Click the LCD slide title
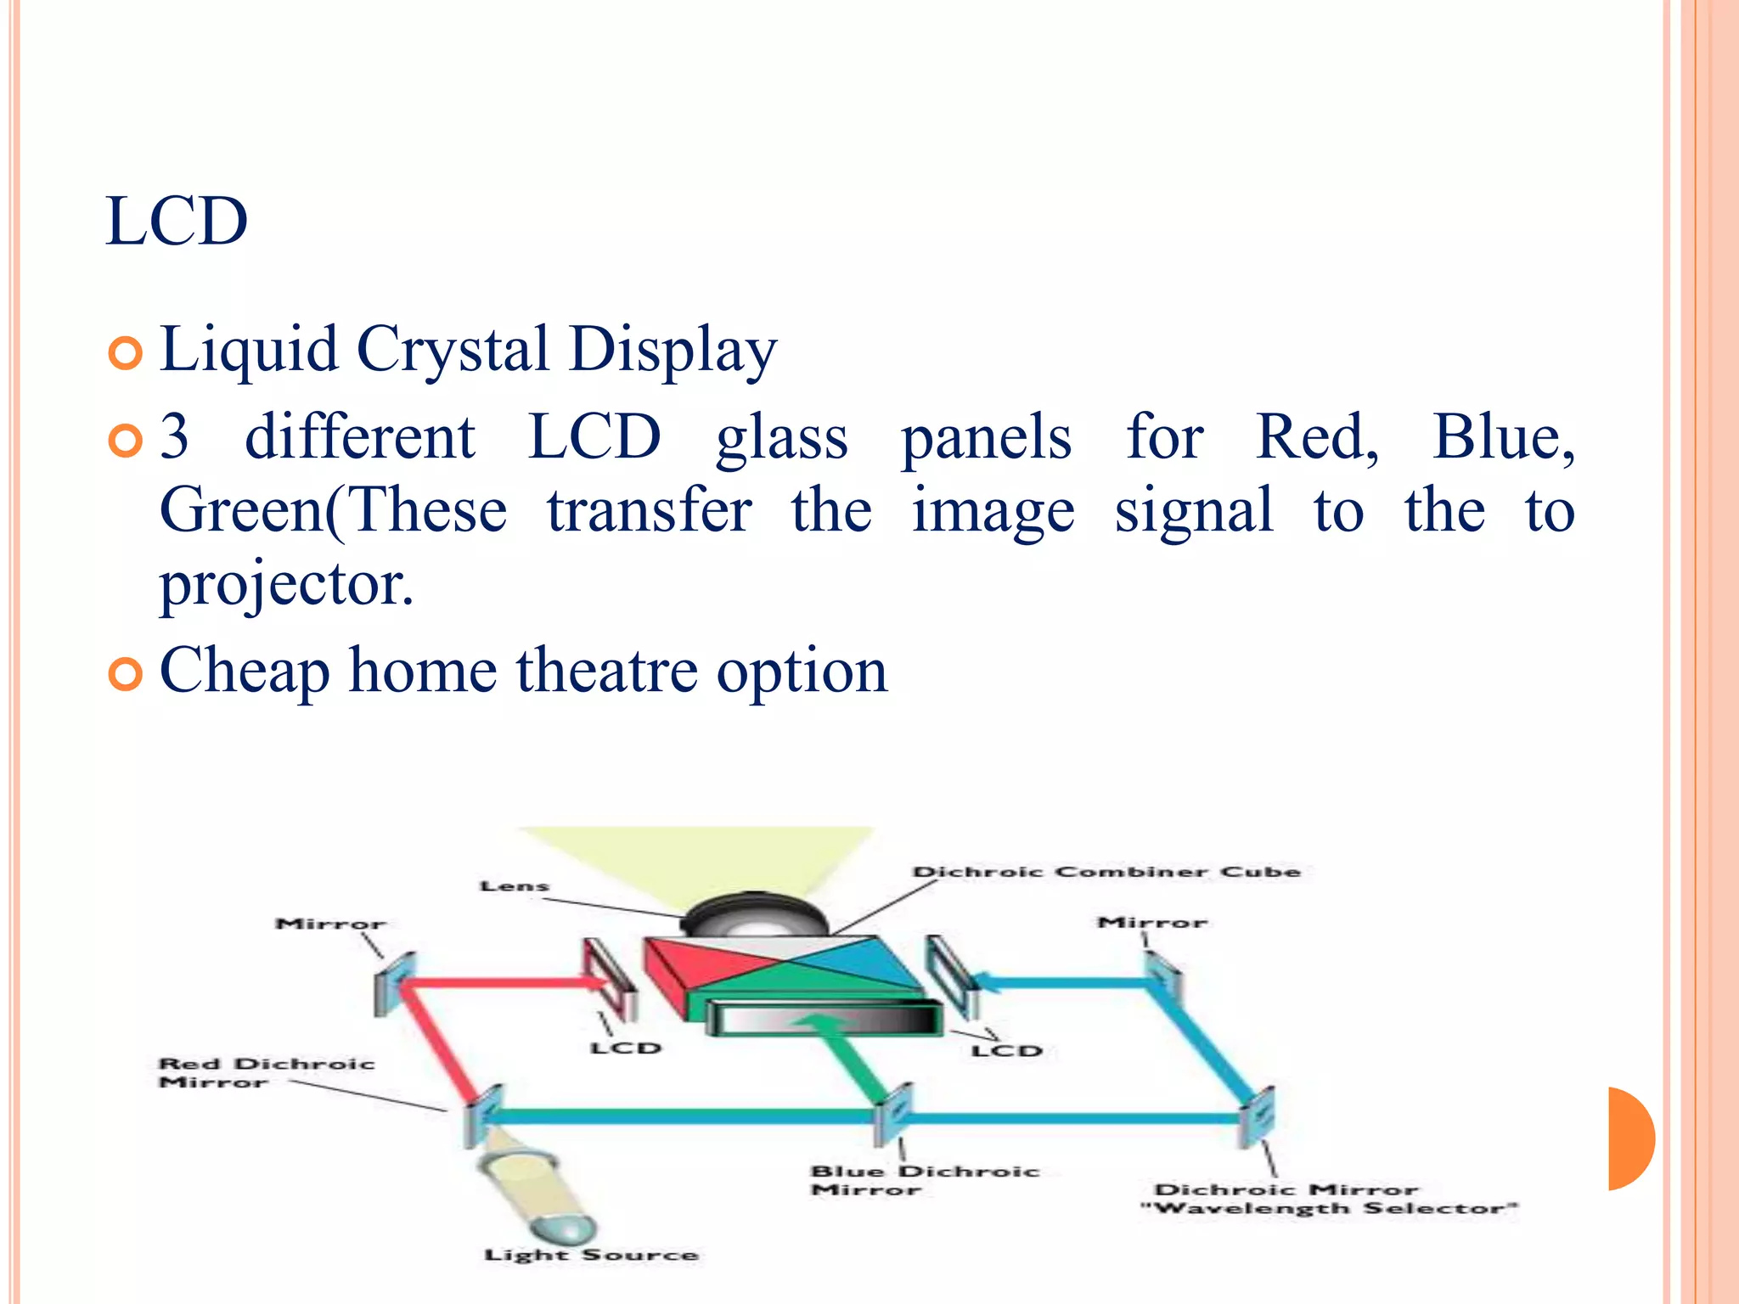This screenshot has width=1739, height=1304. coord(177,222)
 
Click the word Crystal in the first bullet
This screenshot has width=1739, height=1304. coord(453,349)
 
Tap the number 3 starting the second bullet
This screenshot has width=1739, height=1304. coord(174,437)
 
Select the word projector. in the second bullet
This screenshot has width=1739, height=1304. coord(287,585)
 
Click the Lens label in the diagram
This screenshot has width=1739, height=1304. coord(515,886)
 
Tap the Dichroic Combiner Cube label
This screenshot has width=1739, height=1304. coord(1106,872)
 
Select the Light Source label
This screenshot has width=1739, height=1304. coord(591,1255)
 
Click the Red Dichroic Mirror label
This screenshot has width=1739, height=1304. coord(265,1072)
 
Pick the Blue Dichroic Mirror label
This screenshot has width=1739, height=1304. coord(924,1180)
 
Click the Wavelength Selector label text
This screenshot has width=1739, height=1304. coord(1329,1208)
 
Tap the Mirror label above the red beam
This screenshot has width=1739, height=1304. coord(330,924)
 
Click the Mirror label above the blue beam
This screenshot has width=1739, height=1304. coord(1151,922)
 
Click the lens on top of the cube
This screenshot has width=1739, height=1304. coord(755,917)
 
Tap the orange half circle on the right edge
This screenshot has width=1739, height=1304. coord(1630,1138)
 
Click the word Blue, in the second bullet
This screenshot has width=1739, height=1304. coord(1503,437)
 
